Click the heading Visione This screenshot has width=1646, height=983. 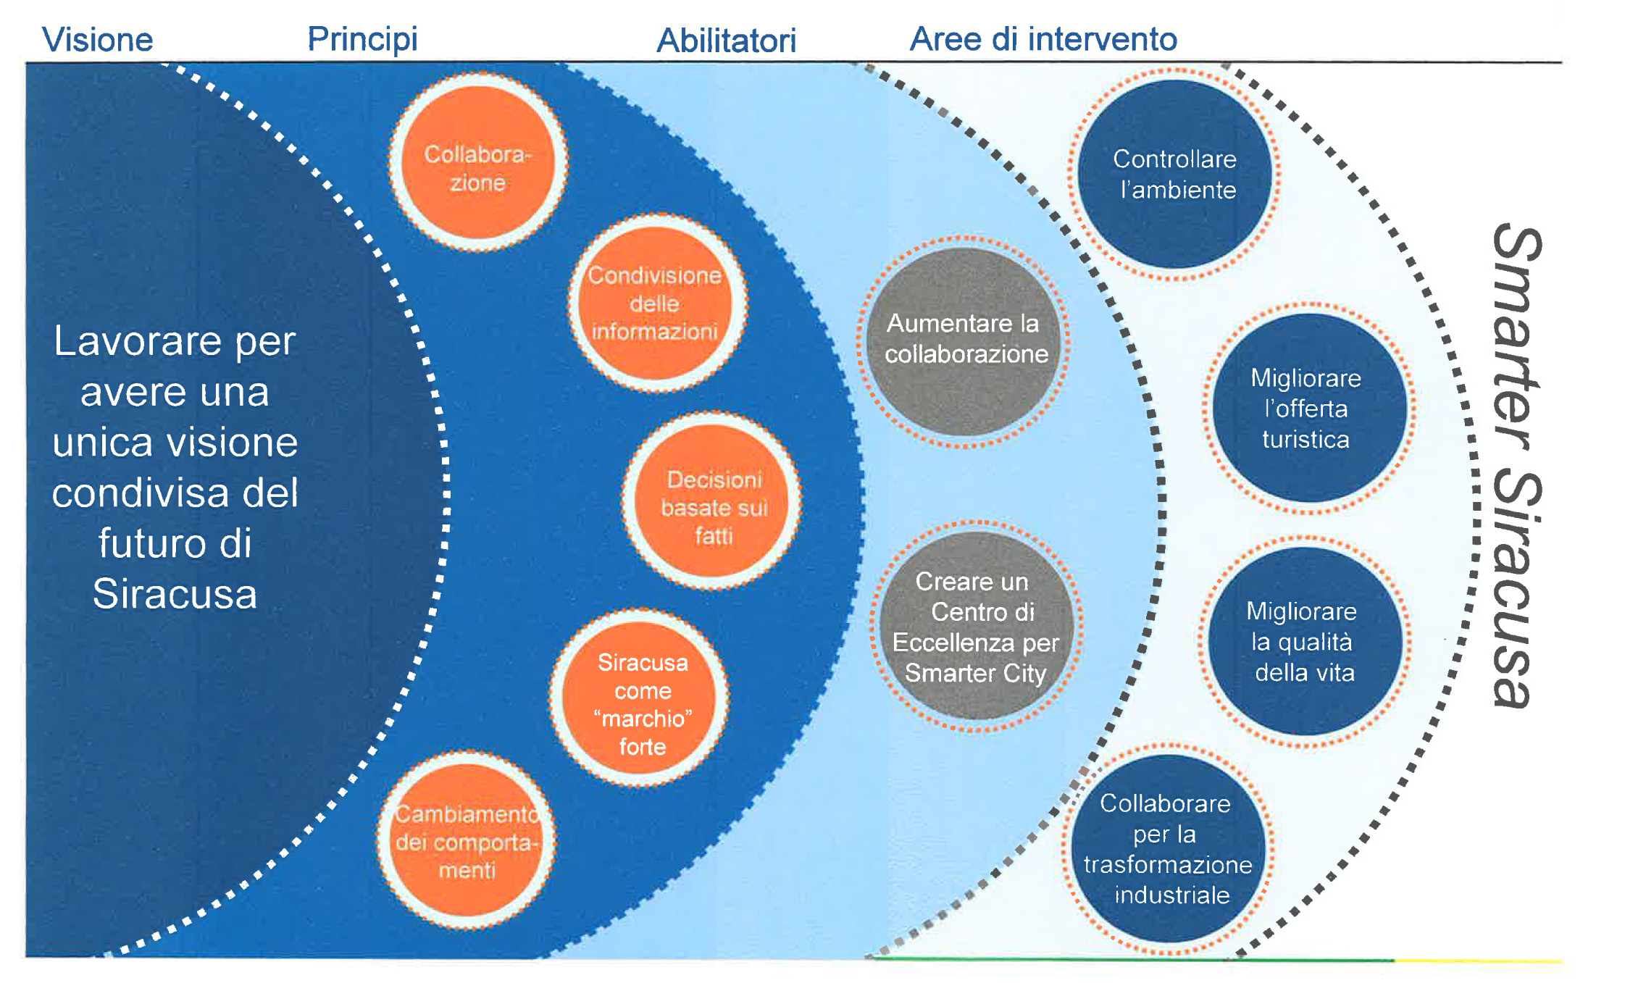click(98, 40)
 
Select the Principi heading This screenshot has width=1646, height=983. click(362, 39)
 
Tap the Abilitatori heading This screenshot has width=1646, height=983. click(726, 41)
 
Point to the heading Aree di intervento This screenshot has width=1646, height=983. click(1043, 39)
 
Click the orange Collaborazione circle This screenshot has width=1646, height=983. click(478, 163)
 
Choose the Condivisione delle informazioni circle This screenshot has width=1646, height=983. click(656, 304)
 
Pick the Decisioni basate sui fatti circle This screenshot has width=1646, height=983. click(713, 501)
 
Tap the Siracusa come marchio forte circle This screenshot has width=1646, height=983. click(640, 698)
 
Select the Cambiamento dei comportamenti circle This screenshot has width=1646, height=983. click(467, 841)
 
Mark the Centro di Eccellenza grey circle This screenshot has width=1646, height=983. click(976, 626)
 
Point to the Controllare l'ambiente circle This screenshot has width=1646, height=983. click(1174, 175)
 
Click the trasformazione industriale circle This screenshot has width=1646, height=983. click(1168, 848)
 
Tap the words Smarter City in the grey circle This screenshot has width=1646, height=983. click(976, 674)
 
